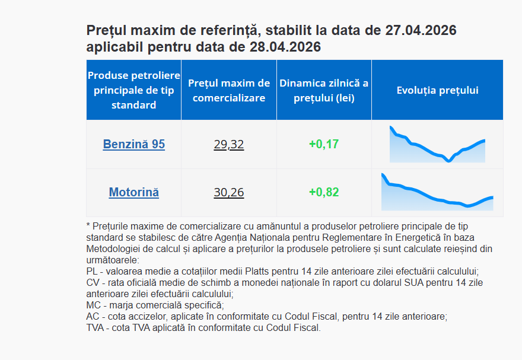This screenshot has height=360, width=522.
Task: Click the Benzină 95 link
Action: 133,144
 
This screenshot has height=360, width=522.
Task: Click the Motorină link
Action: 133,193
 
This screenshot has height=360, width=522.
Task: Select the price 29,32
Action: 228,144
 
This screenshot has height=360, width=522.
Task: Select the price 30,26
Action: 228,193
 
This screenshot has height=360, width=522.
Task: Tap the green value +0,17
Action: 324,144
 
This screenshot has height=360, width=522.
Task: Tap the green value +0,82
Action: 324,193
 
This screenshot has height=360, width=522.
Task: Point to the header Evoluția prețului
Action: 437,91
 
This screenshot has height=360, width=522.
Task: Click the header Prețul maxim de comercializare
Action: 228,91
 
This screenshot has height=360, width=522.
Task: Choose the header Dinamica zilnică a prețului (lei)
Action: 324,91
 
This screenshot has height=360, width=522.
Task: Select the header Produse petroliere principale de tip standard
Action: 133,91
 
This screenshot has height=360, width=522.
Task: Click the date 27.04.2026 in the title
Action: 420,30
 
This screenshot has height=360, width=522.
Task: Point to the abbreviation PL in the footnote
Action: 92,270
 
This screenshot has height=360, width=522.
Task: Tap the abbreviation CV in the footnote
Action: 93,283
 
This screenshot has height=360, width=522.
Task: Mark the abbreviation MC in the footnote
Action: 93,305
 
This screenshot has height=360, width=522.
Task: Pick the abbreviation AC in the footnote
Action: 93,317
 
